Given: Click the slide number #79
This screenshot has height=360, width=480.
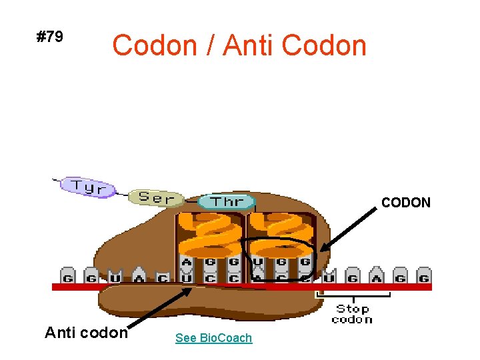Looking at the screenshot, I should [50, 37].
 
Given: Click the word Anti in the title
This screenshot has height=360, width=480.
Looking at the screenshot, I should [249, 46].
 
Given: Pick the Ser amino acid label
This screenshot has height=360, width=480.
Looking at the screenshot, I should [155, 198].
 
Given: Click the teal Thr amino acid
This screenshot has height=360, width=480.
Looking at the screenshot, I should [227, 201].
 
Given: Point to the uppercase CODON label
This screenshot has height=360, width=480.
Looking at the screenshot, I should [406, 203].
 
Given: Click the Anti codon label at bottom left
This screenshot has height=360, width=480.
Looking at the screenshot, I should [86, 332].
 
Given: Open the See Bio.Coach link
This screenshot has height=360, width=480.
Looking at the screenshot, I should [213, 338].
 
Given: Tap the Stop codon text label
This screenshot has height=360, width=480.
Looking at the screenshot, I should [352, 313].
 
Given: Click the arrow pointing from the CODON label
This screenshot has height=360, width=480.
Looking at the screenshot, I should [347, 227].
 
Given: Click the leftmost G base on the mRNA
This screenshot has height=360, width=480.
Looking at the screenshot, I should [67, 276].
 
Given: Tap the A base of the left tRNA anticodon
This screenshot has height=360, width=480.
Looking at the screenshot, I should [187, 262].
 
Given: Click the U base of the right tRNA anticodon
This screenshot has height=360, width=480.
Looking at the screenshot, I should [258, 262].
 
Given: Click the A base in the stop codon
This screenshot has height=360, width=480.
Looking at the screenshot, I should [377, 276].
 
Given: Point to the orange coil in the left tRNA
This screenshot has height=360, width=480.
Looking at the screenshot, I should [210, 233].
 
